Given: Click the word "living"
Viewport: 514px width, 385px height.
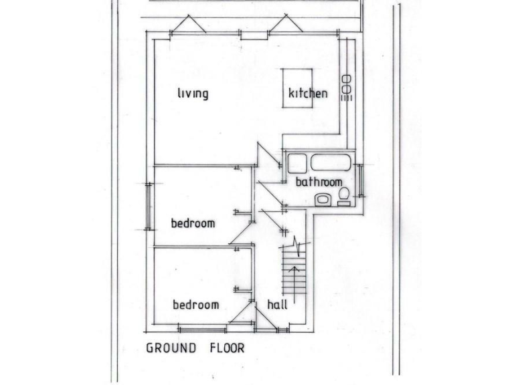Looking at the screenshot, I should [x=193, y=94].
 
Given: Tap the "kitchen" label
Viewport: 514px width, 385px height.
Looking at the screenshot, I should [x=308, y=94].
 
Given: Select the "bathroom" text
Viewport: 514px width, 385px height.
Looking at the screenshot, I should [x=319, y=182].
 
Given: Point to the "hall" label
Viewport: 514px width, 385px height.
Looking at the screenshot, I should [x=277, y=305].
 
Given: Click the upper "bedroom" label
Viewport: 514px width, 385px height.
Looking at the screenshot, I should [x=193, y=223].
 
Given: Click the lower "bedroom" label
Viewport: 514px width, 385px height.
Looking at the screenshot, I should [x=196, y=305].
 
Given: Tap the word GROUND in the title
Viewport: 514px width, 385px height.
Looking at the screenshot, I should [x=171, y=348].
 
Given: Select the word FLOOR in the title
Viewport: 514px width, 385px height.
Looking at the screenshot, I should [x=226, y=348].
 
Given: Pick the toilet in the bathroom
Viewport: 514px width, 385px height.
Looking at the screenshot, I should [x=344, y=195].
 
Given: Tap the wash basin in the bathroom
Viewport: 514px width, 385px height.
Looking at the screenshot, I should [x=322, y=199].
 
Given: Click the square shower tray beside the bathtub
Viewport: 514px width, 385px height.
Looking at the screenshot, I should [x=296, y=163].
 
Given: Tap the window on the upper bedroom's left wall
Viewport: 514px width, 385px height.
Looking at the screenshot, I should [x=149, y=207].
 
